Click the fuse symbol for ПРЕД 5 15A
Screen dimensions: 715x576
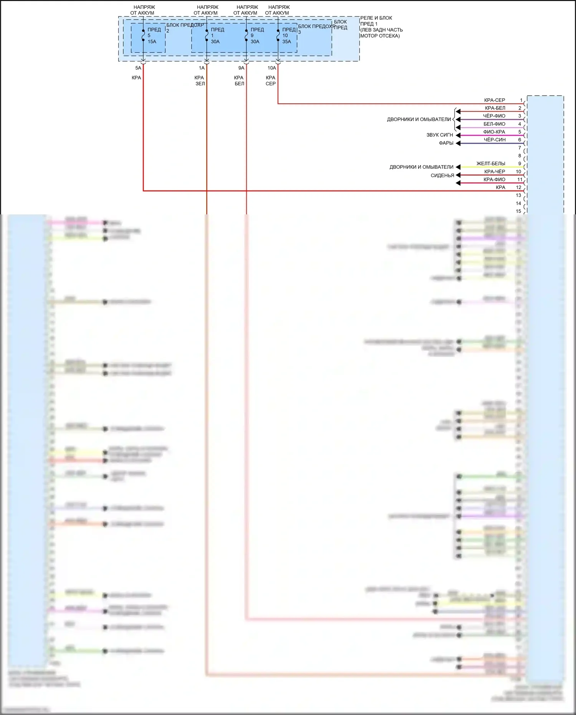(x=143, y=35)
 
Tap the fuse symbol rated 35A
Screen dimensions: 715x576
(x=278, y=35)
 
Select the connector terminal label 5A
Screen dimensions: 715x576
(x=138, y=68)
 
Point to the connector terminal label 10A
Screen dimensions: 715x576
(x=271, y=68)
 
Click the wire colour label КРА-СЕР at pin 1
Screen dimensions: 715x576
(x=495, y=100)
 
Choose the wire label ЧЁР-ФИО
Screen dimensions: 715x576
(x=494, y=116)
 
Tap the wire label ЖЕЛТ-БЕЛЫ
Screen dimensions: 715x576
(x=491, y=164)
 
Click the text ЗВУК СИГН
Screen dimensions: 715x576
(x=440, y=135)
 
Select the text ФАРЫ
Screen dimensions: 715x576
(x=446, y=143)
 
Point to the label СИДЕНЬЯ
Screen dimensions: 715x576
(x=442, y=176)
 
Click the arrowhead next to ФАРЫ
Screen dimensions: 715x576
(x=458, y=143)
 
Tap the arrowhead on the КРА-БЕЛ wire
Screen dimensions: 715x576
(x=458, y=111)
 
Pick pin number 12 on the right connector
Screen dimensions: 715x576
(x=518, y=187)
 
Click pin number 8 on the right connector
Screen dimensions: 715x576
(x=520, y=156)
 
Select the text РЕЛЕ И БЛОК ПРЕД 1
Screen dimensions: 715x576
(x=376, y=21)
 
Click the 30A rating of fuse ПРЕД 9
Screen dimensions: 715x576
(x=255, y=41)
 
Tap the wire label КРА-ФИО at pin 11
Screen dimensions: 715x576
(x=494, y=179)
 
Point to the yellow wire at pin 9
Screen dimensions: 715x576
(x=492, y=168)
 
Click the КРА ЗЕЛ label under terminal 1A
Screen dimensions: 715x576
(x=200, y=81)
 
